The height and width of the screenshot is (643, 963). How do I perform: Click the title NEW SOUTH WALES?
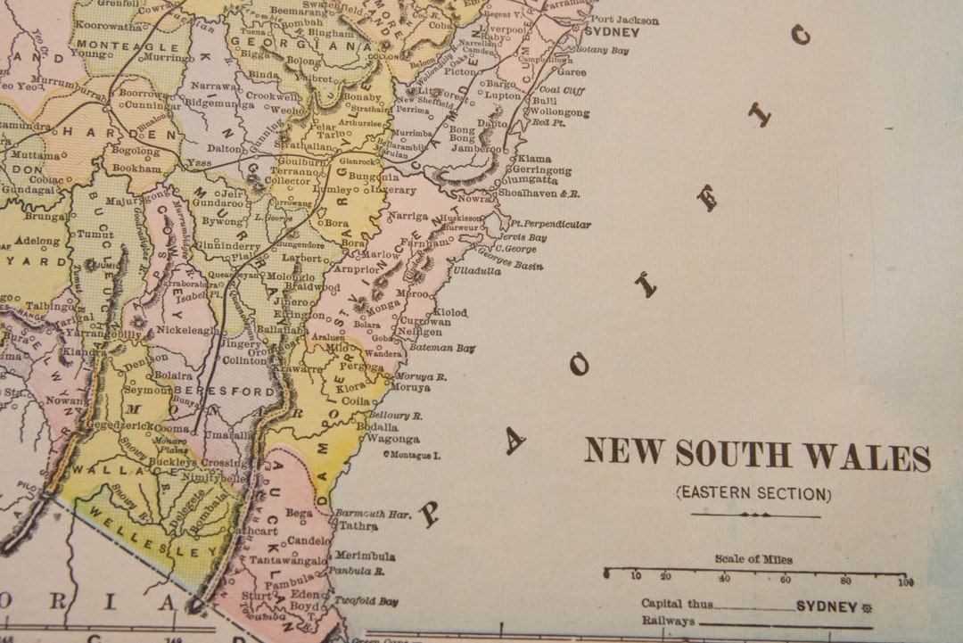pyautogui.click(x=757, y=455)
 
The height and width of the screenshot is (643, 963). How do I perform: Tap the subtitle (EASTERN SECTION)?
pyautogui.click(x=753, y=493)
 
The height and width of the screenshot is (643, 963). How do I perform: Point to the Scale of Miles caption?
pyautogui.click(x=753, y=559)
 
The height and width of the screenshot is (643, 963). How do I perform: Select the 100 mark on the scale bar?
pyautogui.click(x=906, y=583)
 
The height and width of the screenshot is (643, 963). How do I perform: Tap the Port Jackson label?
pyautogui.click(x=625, y=20)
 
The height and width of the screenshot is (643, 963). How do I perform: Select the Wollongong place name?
pyautogui.click(x=559, y=113)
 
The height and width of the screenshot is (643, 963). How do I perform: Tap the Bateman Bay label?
pyautogui.click(x=448, y=348)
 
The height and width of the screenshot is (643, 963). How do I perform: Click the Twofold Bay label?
pyautogui.click(x=366, y=601)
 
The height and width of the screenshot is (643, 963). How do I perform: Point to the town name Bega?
pyautogui.click(x=299, y=513)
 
